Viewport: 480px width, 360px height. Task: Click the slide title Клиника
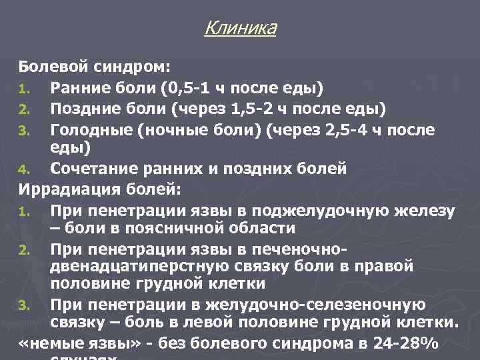coord(240,28)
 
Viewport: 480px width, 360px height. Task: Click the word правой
coord(381,267)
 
